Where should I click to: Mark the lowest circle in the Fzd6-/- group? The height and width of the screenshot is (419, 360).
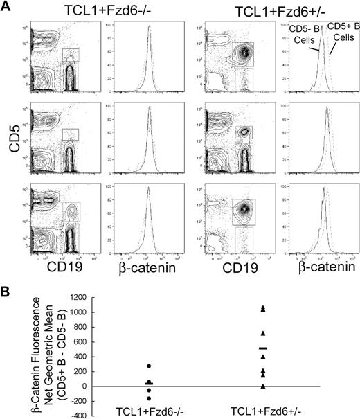[148, 398]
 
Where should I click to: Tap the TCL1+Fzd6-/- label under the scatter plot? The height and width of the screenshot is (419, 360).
[148, 411]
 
